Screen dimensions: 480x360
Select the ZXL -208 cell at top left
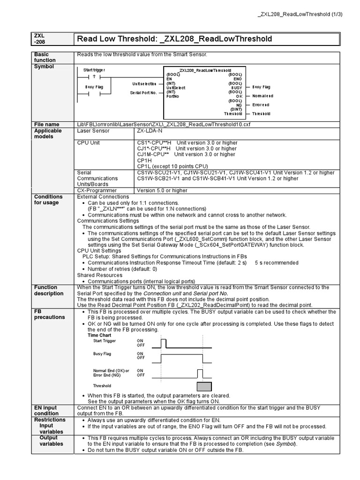pyautogui.click(x=39, y=38)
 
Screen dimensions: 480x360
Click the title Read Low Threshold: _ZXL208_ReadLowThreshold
pyautogui.click(x=174, y=38)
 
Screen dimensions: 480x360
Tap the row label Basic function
pyautogui.click(x=45, y=57)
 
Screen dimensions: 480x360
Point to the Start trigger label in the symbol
pyautogui.click(x=94, y=70)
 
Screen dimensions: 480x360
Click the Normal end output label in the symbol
pyautogui.click(x=262, y=96)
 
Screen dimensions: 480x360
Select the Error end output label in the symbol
pyautogui.click(x=261, y=105)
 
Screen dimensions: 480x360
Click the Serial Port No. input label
pyautogui.click(x=143, y=93)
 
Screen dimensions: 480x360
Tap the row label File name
pyautogui.click(x=46, y=124)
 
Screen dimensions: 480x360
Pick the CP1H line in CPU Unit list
pyautogui.click(x=144, y=160)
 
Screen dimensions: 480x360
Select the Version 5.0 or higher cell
pyautogui.click(x=162, y=191)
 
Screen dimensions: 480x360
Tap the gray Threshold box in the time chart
pyautogui.click(x=204, y=386)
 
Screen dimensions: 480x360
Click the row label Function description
pyautogui.click(x=48, y=290)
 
